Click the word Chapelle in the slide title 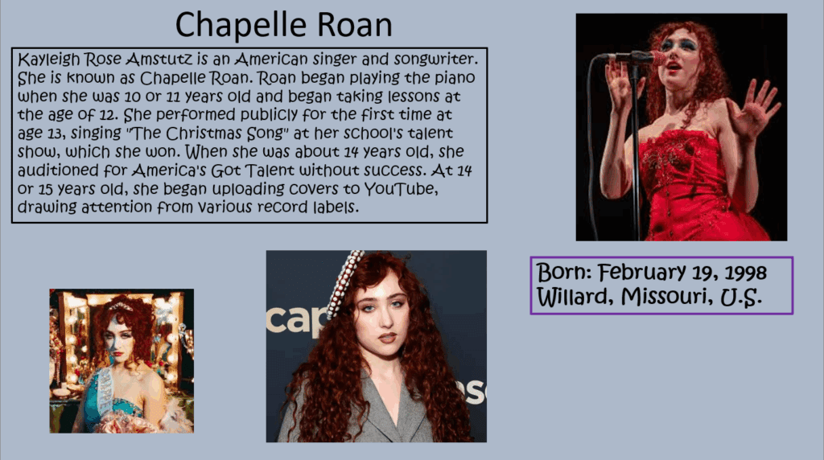(241, 25)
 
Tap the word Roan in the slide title (355, 25)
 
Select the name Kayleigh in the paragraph (49, 60)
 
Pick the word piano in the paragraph (455, 78)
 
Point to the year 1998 (745, 273)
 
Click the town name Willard (575, 298)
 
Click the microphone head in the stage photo (656, 57)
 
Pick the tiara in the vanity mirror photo (121, 306)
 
